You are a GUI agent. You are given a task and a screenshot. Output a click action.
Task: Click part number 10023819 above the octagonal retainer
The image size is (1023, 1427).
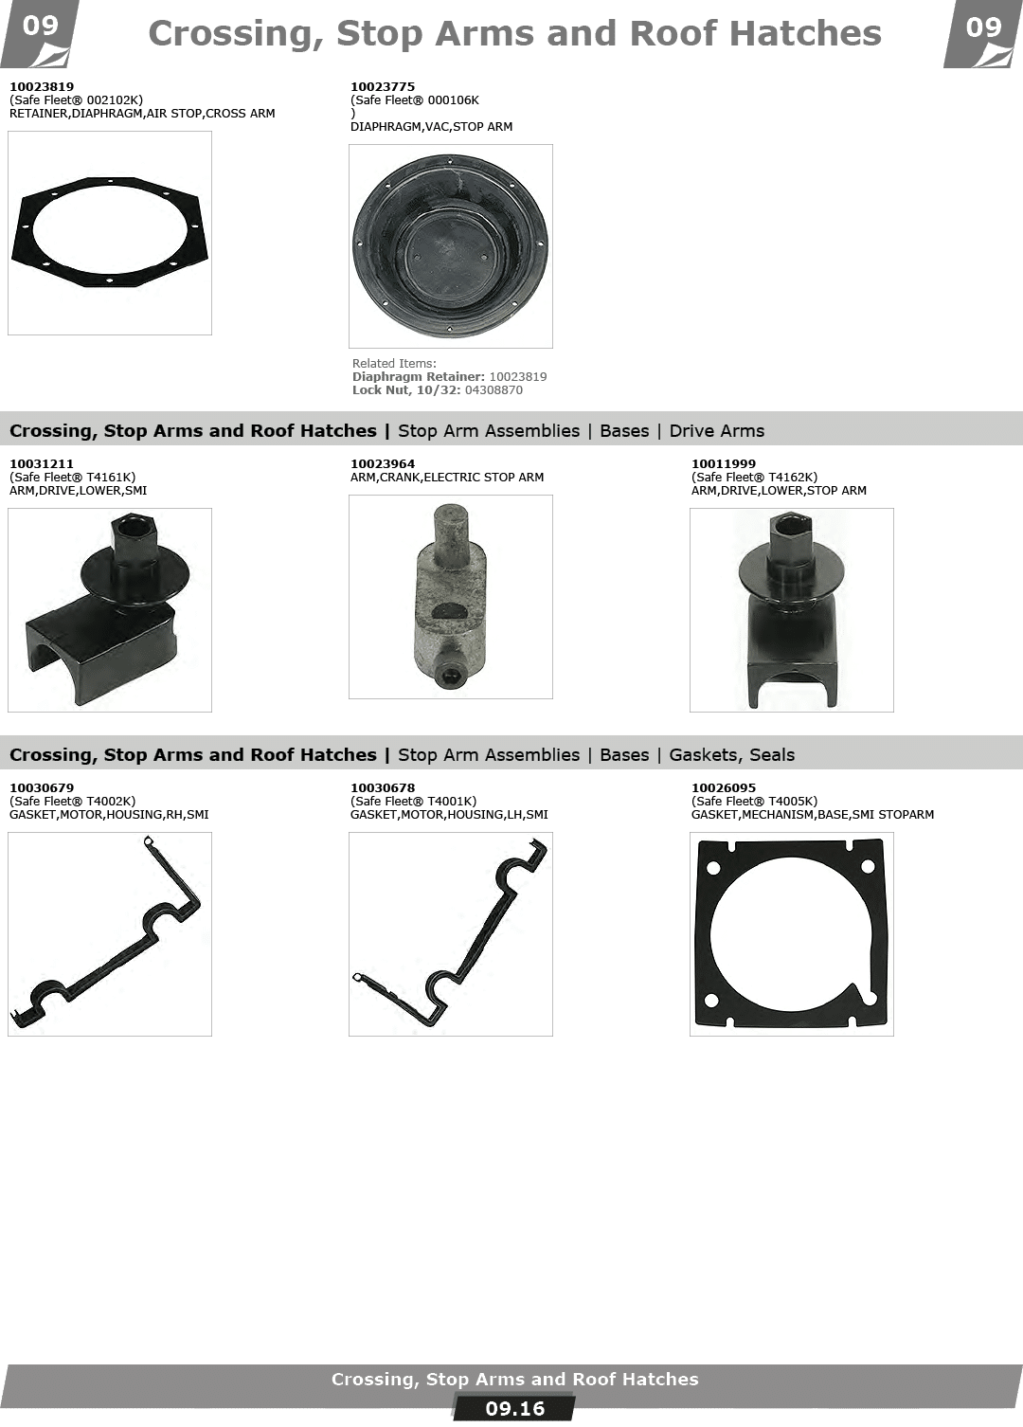(x=42, y=86)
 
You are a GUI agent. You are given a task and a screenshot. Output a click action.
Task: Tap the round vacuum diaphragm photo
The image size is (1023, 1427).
(x=450, y=245)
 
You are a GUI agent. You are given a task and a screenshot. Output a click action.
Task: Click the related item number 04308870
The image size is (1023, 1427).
(x=494, y=389)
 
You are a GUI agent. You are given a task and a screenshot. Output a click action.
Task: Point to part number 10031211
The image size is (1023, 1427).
(x=42, y=463)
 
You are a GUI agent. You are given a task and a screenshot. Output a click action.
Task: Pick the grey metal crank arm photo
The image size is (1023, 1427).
(x=450, y=597)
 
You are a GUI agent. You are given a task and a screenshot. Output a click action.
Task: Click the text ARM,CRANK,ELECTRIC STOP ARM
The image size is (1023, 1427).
(x=446, y=478)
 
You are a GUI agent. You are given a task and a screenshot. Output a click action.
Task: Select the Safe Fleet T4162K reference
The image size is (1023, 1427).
(x=754, y=478)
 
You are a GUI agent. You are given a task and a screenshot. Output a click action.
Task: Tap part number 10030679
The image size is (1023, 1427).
(x=42, y=787)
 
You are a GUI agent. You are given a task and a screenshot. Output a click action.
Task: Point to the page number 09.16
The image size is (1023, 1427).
(x=514, y=1408)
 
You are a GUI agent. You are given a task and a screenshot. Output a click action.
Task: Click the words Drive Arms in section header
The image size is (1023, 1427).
(x=717, y=430)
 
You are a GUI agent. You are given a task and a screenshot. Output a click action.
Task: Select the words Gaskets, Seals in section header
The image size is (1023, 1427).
(x=732, y=755)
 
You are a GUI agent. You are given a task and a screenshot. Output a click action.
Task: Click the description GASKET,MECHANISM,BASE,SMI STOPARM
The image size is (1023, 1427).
(x=812, y=814)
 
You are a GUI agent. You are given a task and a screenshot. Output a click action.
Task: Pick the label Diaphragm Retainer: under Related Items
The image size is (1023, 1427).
(x=419, y=376)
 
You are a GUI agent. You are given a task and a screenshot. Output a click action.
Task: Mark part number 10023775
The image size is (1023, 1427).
(x=382, y=86)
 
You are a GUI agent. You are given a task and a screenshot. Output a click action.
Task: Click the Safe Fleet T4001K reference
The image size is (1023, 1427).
(x=413, y=801)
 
